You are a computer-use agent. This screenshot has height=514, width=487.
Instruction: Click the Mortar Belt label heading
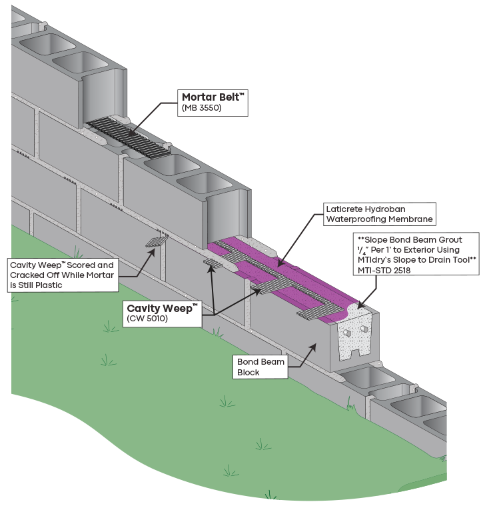point(213,97)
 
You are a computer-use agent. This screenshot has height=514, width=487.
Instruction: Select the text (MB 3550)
point(202,108)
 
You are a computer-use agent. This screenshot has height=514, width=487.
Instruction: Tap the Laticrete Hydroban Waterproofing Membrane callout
point(380,214)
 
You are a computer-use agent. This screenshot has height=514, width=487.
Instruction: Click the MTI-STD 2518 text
point(384,271)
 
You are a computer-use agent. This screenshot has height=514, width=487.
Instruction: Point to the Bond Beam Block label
point(260,367)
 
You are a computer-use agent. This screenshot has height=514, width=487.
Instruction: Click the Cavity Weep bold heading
point(162,309)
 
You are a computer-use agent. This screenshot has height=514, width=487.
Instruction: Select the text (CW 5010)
point(147,319)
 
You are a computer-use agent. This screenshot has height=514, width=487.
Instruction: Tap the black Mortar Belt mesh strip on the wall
point(129,137)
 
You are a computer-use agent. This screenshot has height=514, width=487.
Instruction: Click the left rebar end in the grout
point(347,333)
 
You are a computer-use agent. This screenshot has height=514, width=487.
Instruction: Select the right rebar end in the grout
point(364,329)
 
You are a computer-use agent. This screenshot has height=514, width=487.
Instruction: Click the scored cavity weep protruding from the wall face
point(157,242)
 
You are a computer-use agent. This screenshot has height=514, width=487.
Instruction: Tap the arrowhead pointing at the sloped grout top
point(361,305)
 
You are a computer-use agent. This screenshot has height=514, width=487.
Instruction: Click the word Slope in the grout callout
point(376,240)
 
